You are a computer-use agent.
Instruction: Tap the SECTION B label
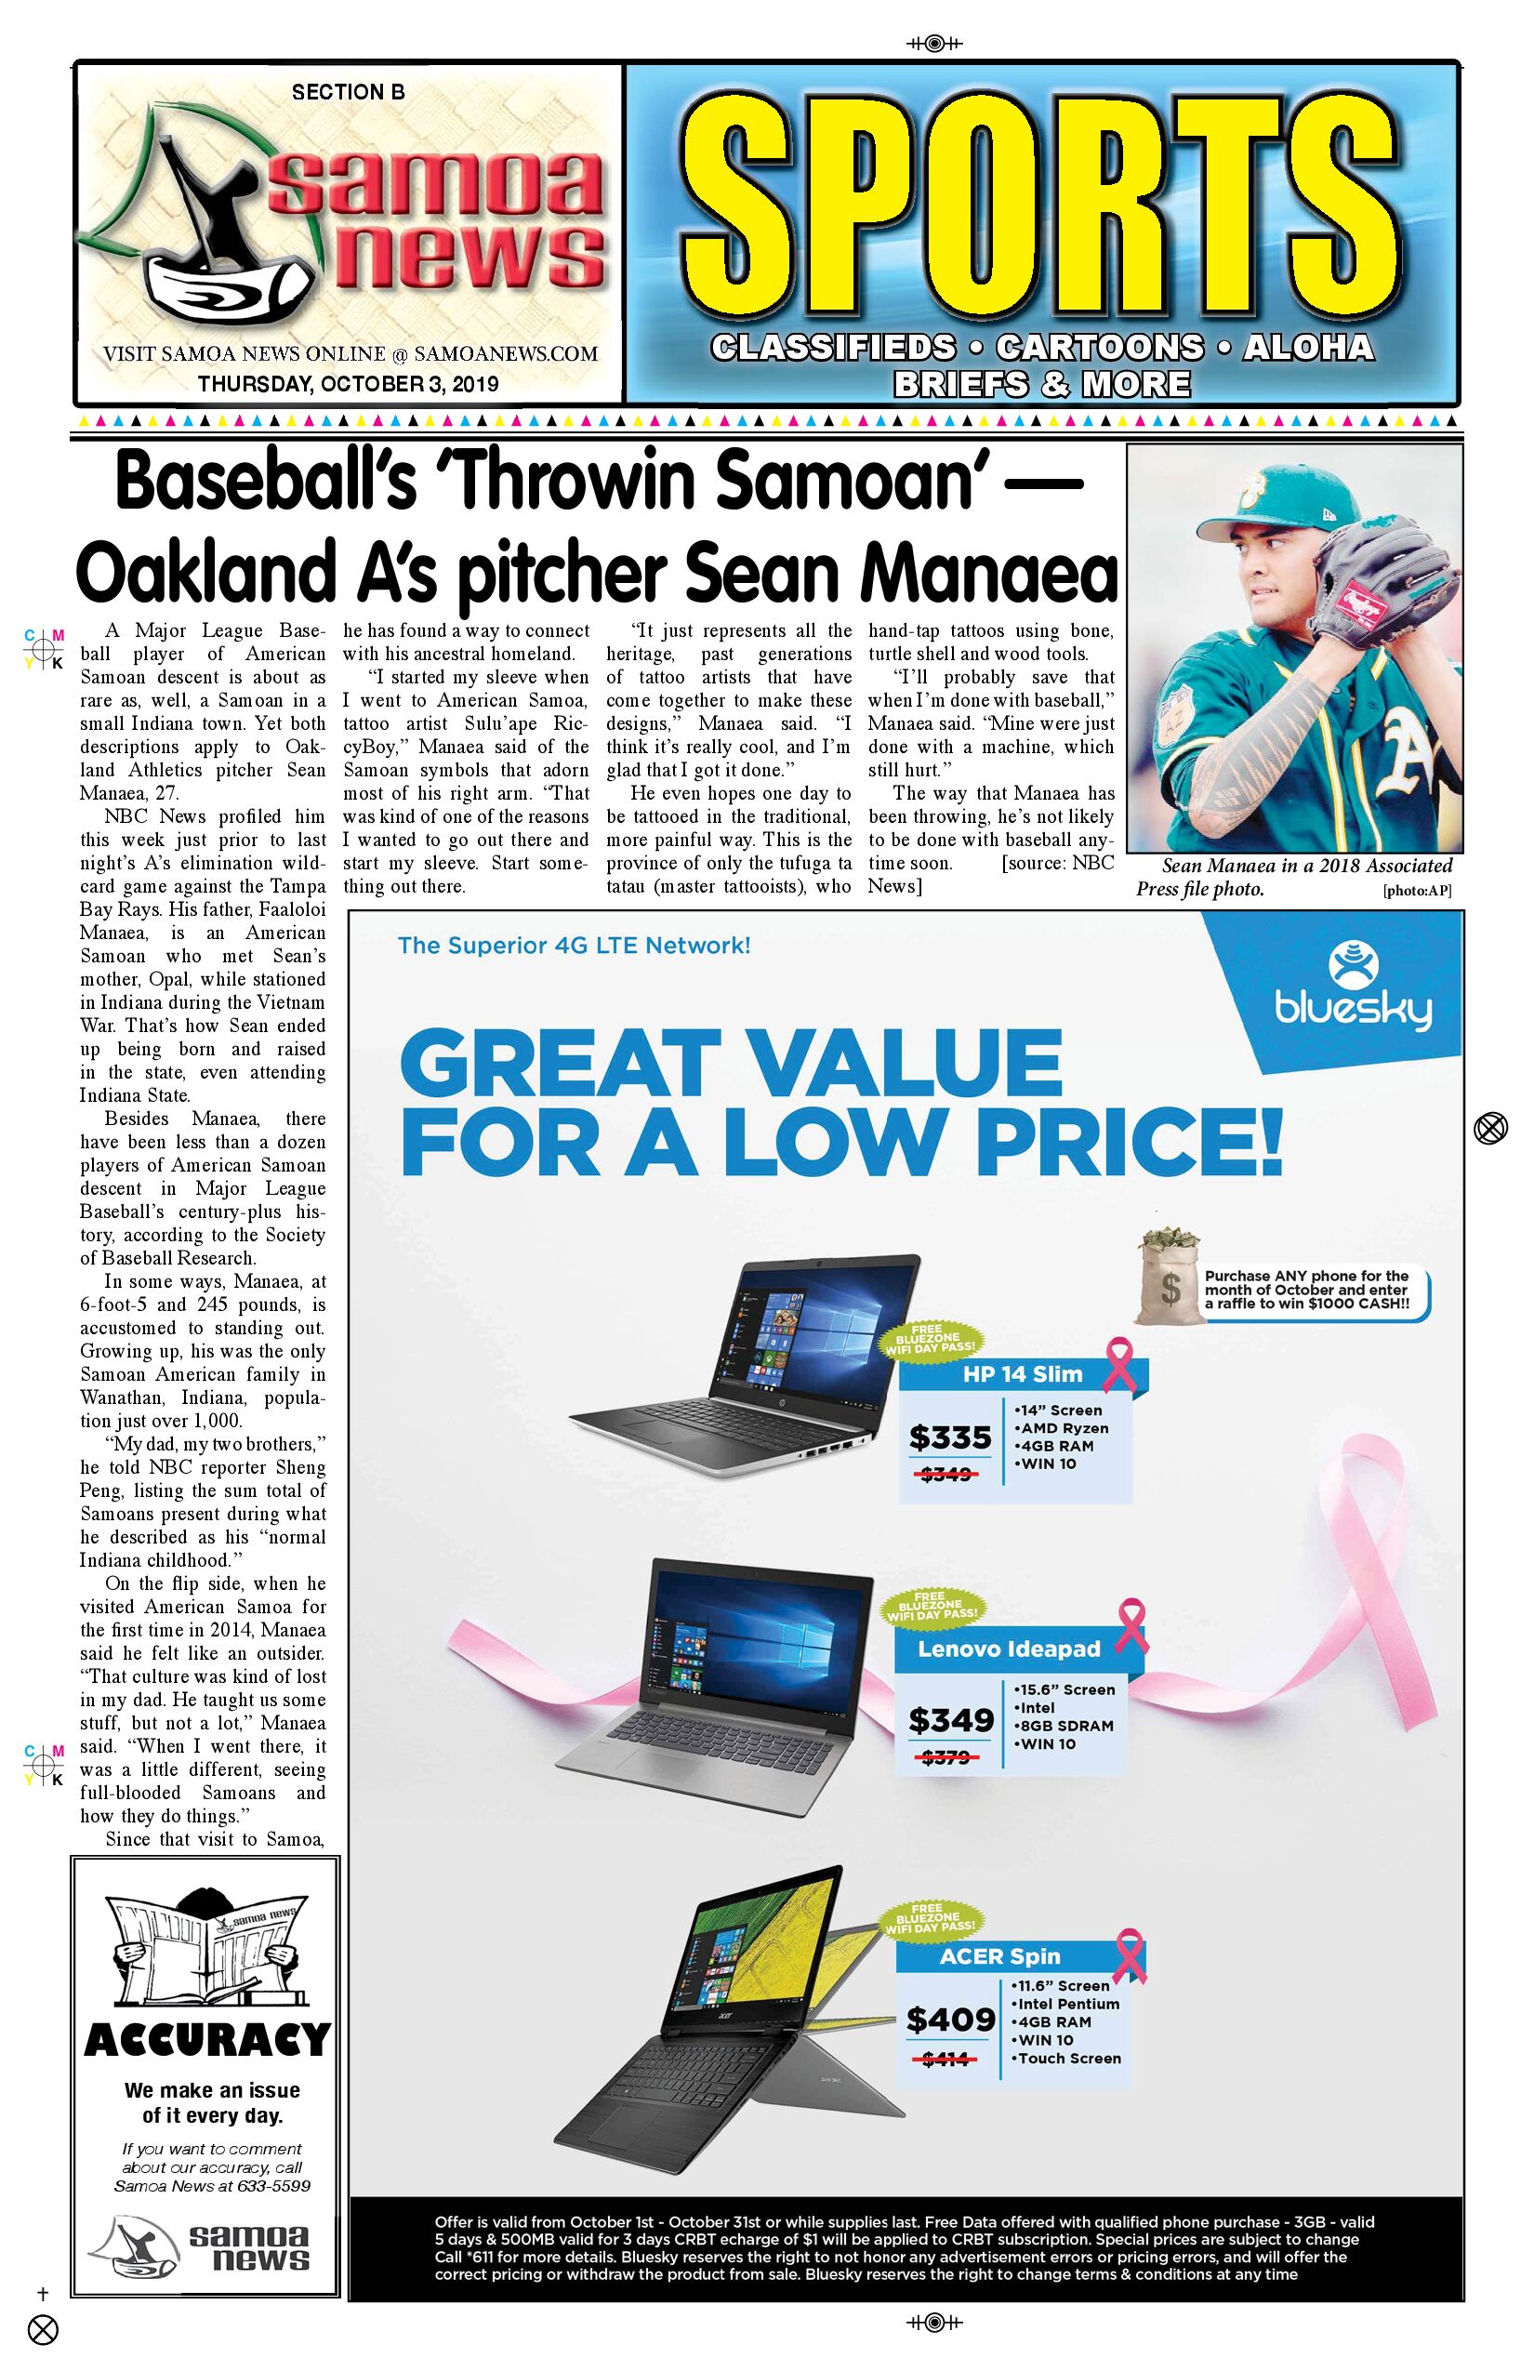tap(348, 93)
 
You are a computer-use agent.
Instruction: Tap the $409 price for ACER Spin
tap(950, 2020)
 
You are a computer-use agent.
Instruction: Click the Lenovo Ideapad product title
tap(1009, 1649)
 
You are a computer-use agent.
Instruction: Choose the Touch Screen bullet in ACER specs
tap(1069, 2059)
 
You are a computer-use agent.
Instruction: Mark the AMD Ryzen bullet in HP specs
tap(1064, 1427)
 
